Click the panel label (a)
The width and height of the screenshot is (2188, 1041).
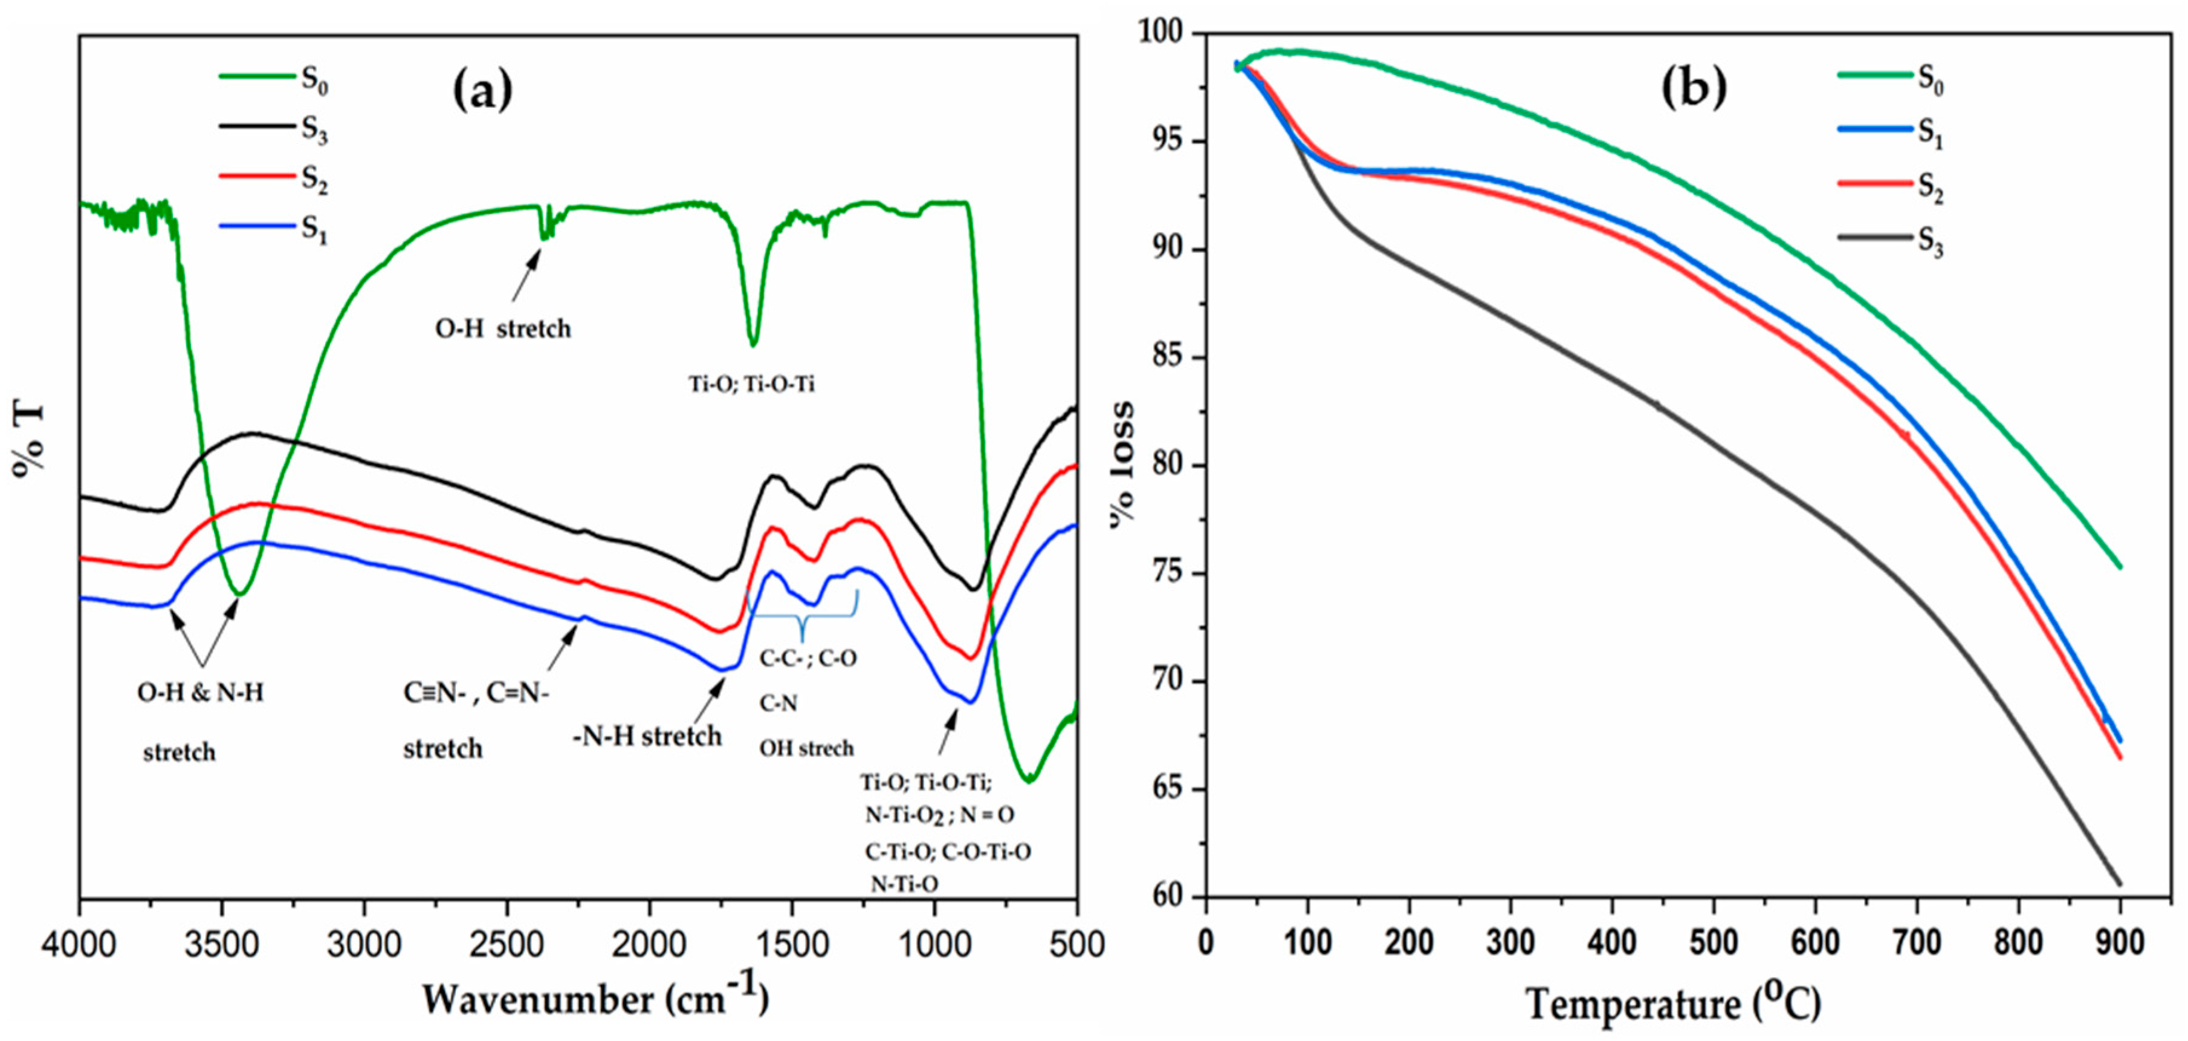[482, 91]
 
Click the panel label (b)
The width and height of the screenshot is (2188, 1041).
[1693, 88]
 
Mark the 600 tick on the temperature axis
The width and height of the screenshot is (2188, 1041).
[1815, 942]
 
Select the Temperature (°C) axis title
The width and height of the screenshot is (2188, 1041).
[1673, 1003]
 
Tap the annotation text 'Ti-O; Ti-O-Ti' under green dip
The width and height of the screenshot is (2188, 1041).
[751, 385]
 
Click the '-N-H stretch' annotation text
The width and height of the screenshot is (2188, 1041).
[647, 736]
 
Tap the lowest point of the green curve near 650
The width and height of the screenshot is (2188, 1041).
[1029, 779]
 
